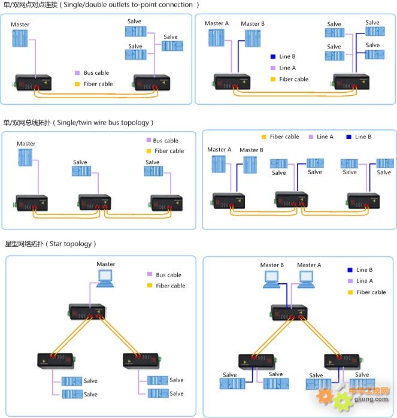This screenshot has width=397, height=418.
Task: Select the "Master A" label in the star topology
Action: (309, 265)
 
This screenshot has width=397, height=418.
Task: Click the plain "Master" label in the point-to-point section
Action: (20, 25)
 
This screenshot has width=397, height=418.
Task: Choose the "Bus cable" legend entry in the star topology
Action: (168, 275)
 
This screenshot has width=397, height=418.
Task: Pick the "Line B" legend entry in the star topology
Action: (364, 270)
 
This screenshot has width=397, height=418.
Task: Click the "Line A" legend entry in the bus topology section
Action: (325, 137)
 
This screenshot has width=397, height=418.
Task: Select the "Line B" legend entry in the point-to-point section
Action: (287, 57)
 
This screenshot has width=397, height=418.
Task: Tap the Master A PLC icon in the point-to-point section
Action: (216, 38)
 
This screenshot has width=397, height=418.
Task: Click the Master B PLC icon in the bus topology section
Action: (250, 164)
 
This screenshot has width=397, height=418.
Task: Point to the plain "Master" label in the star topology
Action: (106, 264)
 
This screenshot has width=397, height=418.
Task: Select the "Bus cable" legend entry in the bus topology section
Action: (165, 141)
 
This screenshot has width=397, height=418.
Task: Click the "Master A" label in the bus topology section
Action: (219, 150)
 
